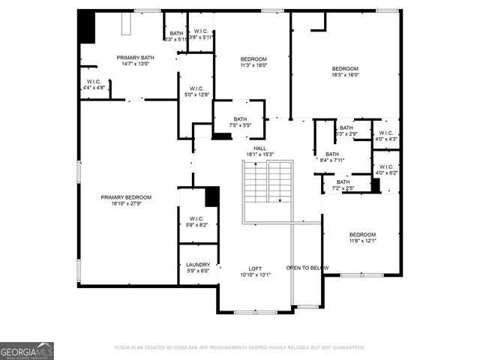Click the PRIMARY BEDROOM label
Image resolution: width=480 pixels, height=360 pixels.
[x=126, y=196]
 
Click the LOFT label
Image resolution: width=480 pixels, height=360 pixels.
[x=255, y=268]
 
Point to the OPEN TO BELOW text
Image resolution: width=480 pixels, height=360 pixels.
[x=307, y=268]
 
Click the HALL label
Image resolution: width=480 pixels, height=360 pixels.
[x=259, y=148]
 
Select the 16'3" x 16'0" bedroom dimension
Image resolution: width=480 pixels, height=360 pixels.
[x=346, y=74]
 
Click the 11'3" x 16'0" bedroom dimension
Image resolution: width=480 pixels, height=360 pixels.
[x=253, y=65]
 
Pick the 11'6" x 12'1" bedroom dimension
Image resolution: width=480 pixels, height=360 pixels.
[x=362, y=241]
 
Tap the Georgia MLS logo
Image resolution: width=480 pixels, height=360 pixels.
[x=27, y=350]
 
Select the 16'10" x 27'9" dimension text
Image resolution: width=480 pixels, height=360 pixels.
[x=126, y=203]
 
